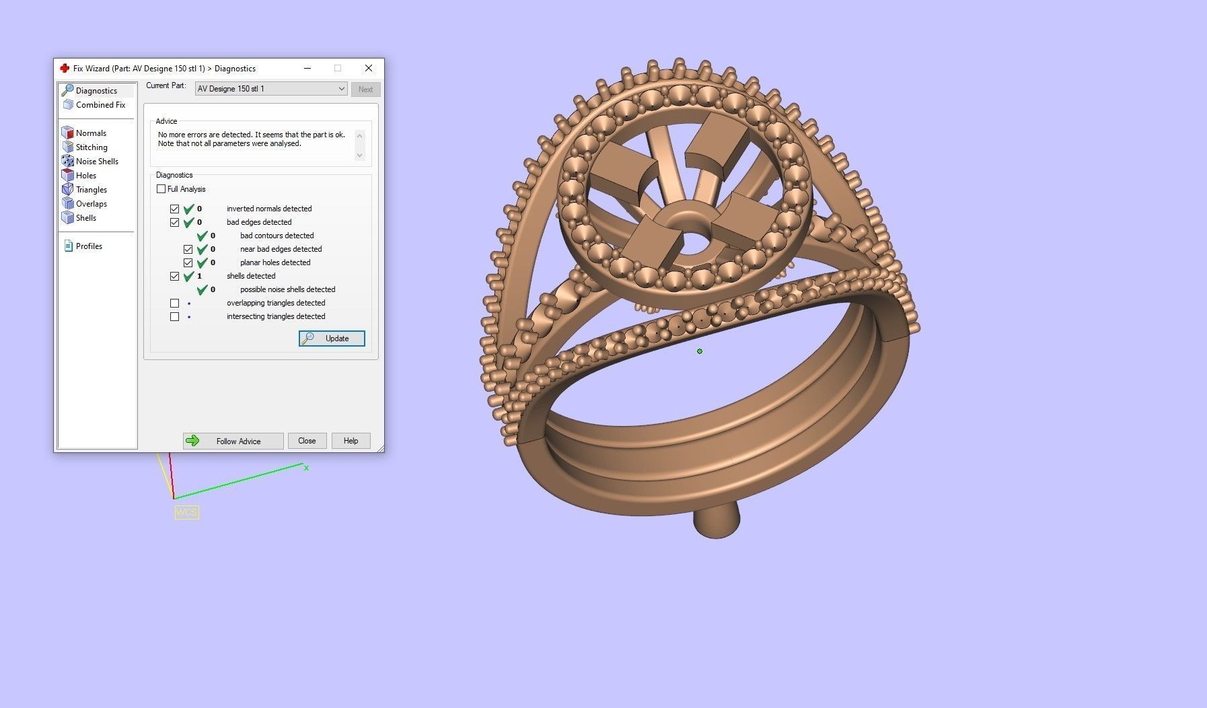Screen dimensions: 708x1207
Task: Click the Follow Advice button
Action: pyautogui.click(x=233, y=441)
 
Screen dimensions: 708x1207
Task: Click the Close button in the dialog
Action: pyautogui.click(x=307, y=441)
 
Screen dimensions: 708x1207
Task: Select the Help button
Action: pyautogui.click(x=351, y=441)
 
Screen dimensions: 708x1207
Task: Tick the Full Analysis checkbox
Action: pyautogui.click(x=161, y=189)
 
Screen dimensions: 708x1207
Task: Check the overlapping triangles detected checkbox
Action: pyautogui.click(x=175, y=304)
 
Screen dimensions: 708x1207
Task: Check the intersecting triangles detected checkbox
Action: pyautogui.click(x=175, y=317)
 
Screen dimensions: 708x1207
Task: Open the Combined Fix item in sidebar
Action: pyautogui.click(x=100, y=105)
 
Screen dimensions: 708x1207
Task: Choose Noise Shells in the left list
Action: pyautogui.click(x=97, y=162)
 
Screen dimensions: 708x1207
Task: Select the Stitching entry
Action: pyautogui.click(x=92, y=147)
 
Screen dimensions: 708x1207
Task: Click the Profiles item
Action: pyautogui.click(x=89, y=246)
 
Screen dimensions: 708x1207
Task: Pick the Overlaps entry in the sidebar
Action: pyautogui.click(x=91, y=204)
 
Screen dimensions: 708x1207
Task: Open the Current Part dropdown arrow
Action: pyautogui.click(x=341, y=89)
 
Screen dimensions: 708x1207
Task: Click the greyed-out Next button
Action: pyautogui.click(x=365, y=90)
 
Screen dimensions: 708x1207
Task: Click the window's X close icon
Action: pyautogui.click(x=368, y=68)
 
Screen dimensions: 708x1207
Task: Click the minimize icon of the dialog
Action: pyautogui.click(x=307, y=68)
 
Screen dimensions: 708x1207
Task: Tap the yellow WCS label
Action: pyautogui.click(x=186, y=513)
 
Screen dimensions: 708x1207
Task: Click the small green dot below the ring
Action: pyautogui.click(x=700, y=351)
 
